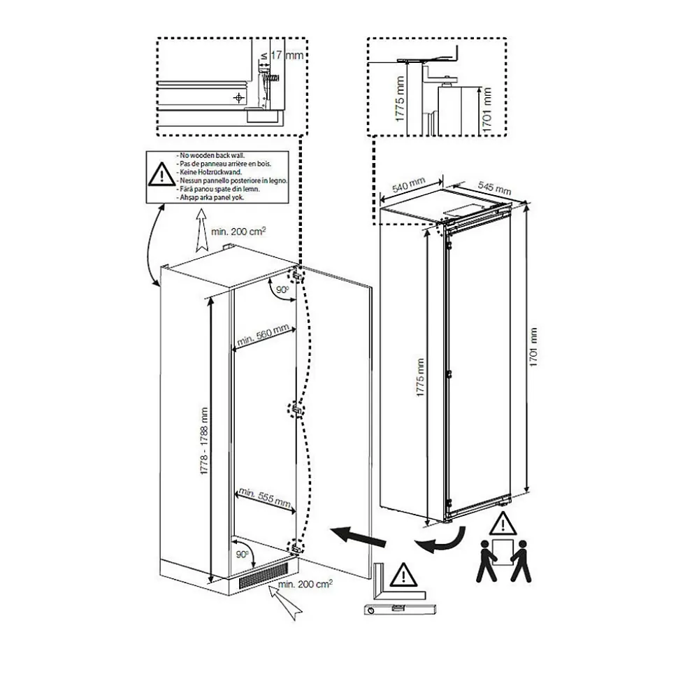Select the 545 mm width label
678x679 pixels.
point(493,187)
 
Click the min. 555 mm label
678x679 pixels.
point(264,496)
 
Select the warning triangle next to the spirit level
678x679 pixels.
point(401,576)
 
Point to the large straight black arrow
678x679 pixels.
point(360,538)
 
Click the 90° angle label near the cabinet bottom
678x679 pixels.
point(243,554)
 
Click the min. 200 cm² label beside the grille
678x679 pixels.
point(305,583)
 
